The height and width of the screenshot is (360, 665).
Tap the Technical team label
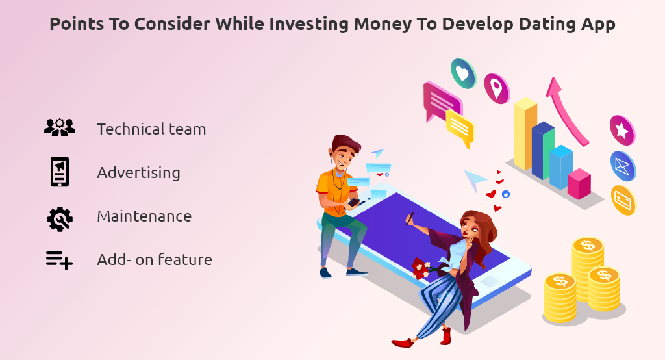click(x=151, y=129)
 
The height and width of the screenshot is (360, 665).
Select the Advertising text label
click(x=138, y=173)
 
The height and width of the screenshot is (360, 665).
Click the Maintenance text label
click(x=144, y=216)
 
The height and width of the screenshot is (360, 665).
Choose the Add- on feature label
click(x=155, y=260)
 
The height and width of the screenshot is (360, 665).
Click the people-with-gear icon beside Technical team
click(x=60, y=127)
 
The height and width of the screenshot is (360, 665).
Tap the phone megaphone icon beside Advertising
click(x=60, y=172)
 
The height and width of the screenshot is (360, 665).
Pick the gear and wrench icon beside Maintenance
click(x=60, y=218)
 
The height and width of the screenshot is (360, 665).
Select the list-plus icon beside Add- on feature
click(x=59, y=260)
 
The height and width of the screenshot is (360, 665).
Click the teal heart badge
click(x=463, y=73)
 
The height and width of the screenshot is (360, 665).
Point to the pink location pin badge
click(x=497, y=88)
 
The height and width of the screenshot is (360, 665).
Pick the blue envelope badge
click(x=623, y=166)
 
